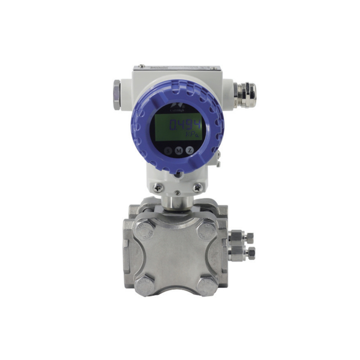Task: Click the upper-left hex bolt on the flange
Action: coord(145,230)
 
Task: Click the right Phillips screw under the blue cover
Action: coord(197,188)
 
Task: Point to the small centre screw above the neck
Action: coord(177,193)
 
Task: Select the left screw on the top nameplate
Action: coord(142,66)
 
